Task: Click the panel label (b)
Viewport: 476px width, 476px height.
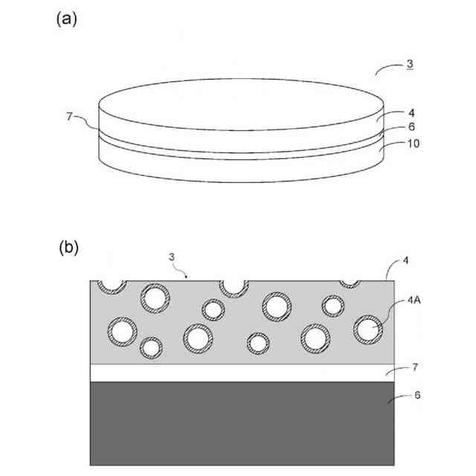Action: click(68, 248)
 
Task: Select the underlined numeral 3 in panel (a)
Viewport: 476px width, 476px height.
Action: click(410, 65)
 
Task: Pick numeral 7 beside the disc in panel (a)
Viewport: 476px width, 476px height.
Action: click(69, 116)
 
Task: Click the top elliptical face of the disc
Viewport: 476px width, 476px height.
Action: click(242, 104)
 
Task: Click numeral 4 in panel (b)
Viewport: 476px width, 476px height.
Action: click(405, 260)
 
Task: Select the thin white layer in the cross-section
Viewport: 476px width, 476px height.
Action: click(242, 373)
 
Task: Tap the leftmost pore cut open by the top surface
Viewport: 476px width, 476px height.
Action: click(114, 284)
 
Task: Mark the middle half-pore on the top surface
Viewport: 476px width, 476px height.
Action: click(233, 285)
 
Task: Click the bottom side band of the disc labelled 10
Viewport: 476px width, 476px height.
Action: click(242, 170)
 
